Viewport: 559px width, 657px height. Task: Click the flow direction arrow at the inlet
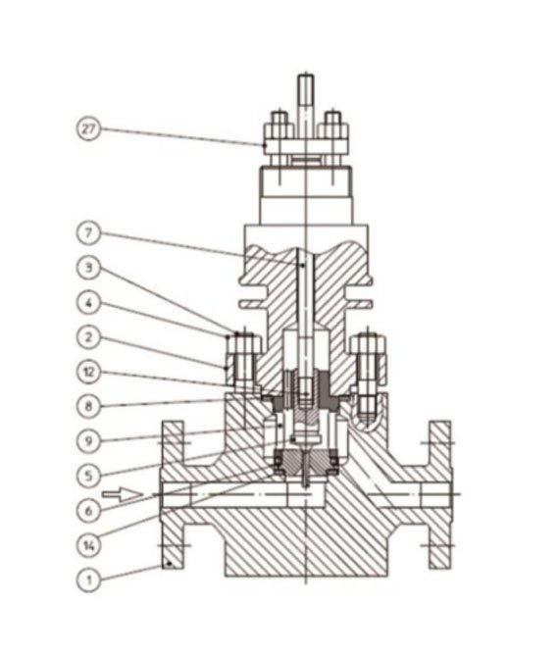click(117, 495)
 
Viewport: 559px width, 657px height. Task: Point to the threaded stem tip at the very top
click(306, 88)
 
